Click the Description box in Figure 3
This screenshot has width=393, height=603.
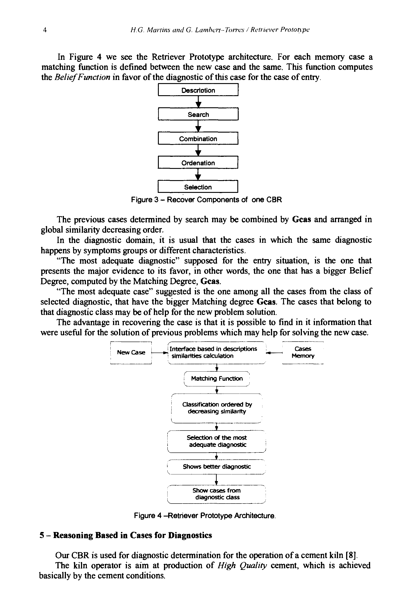[198, 90]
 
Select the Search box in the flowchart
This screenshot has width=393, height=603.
[198, 114]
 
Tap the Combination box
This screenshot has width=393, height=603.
[198, 139]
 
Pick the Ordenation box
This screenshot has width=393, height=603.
[198, 163]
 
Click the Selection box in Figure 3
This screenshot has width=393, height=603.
[198, 187]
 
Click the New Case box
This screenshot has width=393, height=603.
[131, 352]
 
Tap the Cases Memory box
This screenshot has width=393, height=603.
[303, 352]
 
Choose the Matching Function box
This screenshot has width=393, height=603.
[217, 379]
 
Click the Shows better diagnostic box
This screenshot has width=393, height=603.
[217, 466]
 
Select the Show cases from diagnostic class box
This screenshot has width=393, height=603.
[217, 494]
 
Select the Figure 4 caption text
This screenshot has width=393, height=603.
[205, 515]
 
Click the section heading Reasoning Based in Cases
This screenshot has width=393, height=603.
[126, 535]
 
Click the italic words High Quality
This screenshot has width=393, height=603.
[242, 566]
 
